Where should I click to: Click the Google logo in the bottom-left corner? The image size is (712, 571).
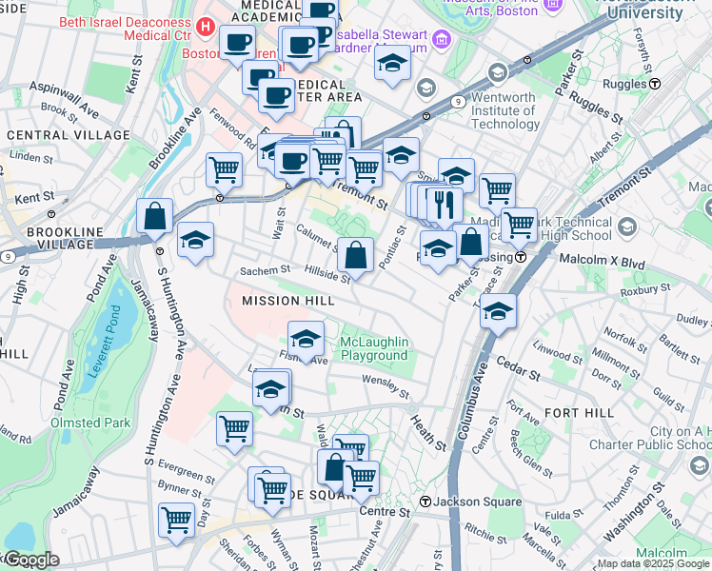31,560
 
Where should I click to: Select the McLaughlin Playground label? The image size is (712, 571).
374,348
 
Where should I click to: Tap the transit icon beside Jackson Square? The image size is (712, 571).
426,502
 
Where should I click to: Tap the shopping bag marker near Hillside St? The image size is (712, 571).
355,254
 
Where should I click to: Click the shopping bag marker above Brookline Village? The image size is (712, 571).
154,216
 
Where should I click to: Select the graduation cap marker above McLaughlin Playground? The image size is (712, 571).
306,338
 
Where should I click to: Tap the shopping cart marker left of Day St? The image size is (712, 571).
177,521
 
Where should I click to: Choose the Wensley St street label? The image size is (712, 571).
385,386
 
